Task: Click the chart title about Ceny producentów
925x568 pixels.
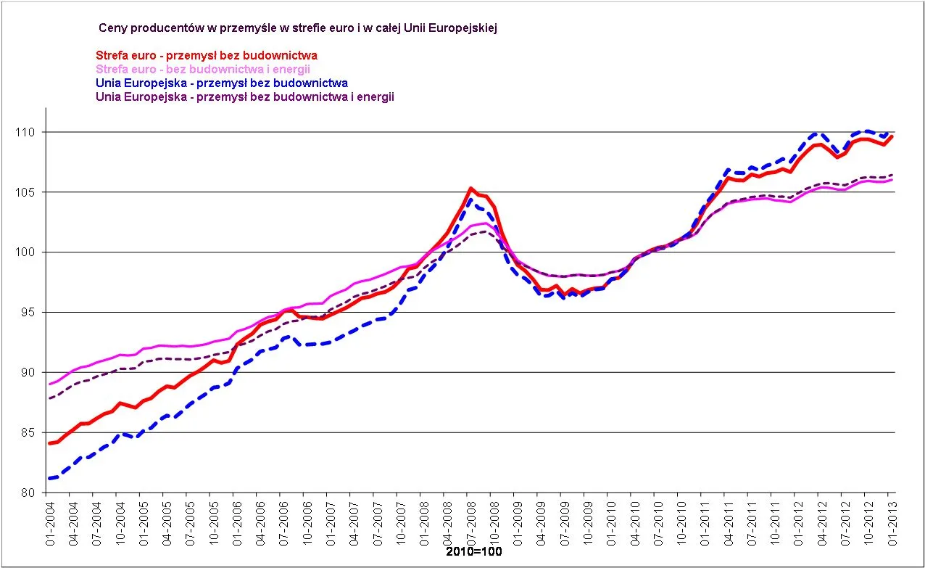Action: coord(297,28)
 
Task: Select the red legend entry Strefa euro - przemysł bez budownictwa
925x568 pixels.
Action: coord(207,55)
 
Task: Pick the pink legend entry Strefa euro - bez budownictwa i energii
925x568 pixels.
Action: coord(203,69)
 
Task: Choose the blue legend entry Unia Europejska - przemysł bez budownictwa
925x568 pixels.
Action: coord(222,83)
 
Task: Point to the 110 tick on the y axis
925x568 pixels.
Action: coord(33,132)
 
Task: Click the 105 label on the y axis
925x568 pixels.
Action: coord(33,192)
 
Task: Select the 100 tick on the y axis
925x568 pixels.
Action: coord(33,252)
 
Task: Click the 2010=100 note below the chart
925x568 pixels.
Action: coord(473,552)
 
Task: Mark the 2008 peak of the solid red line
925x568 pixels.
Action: coord(471,189)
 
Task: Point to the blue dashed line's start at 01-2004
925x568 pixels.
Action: coord(49,478)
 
